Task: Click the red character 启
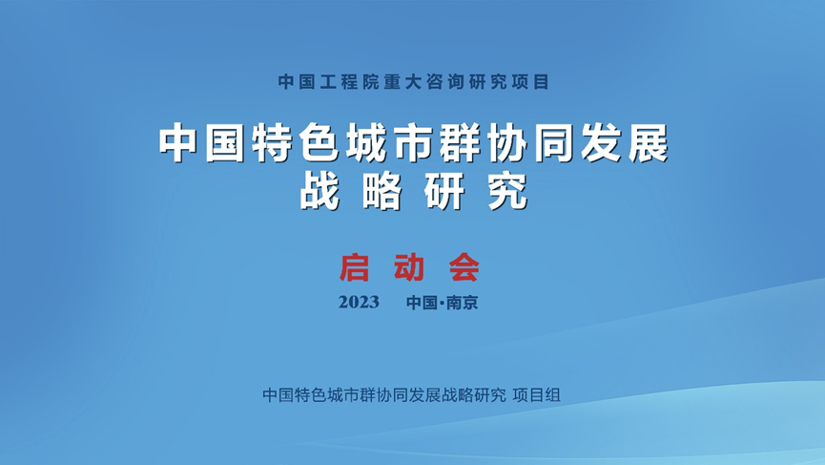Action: pos(354,267)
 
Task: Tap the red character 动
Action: pos(409,267)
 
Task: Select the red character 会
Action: pos(464,267)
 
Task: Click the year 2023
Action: pos(359,303)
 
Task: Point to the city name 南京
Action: pos(463,303)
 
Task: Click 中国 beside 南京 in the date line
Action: pos(422,303)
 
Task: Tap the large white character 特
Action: pos(273,143)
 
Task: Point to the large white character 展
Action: pos(648,143)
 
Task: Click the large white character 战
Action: pos(320,191)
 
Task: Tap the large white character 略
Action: pos(382,191)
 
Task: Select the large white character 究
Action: pos(507,191)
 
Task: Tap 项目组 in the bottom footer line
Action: pos(537,395)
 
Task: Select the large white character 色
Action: pos(320,143)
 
